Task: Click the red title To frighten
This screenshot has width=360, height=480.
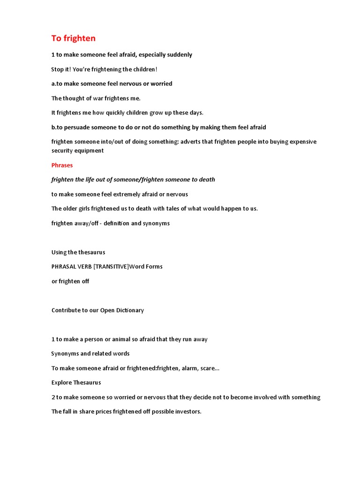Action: click(73, 38)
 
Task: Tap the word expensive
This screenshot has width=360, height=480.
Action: click(300, 142)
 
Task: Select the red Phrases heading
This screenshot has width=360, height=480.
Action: click(62, 165)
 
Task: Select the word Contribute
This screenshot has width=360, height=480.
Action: click(67, 310)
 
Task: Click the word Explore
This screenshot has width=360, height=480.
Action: click(63, 382)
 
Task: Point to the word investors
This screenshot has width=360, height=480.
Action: click(186, 412)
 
